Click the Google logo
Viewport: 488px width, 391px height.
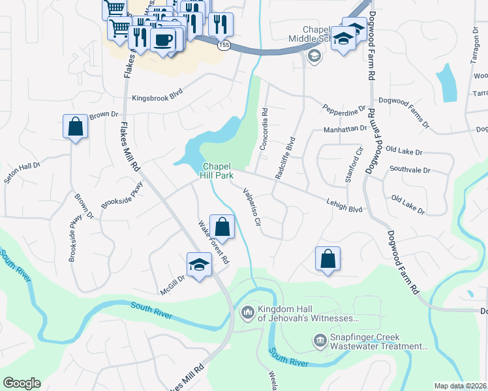pos(22,383)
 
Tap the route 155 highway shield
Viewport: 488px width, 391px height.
pos(224,44)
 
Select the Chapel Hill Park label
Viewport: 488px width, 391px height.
pos(217,170)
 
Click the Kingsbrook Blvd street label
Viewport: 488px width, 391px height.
pos(157,98)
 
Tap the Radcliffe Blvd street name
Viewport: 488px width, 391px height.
pos(285,156)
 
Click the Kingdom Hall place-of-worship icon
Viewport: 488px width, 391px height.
pos(247,313)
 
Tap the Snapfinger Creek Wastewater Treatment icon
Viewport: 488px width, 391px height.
pos(320,341)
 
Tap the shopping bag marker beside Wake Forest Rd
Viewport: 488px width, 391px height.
pos(222,227)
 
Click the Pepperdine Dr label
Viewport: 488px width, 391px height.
pos(344,109)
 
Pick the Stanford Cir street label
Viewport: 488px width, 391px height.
pos(354,166)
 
